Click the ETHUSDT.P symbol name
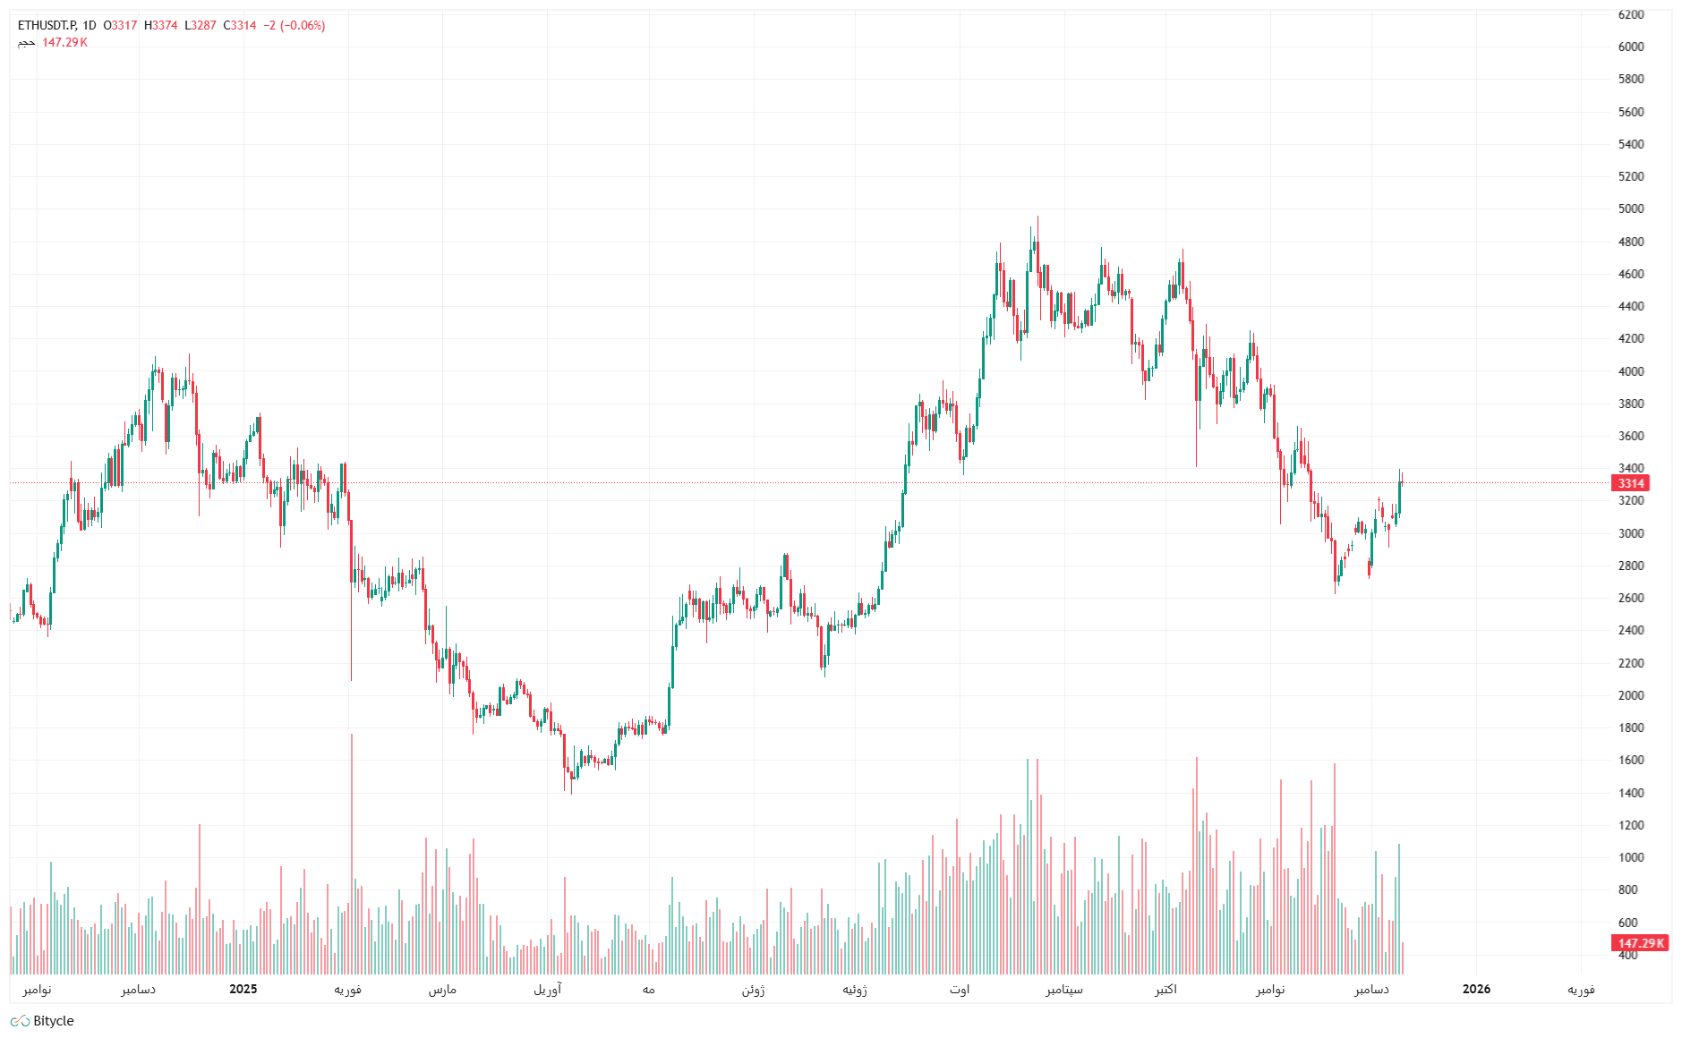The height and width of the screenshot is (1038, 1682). pos(47,25)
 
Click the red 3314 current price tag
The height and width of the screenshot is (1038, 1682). pos(1630,483)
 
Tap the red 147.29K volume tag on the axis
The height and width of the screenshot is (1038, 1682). pos(1640,943)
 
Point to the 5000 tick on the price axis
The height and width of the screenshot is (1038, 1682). pos(1630,209)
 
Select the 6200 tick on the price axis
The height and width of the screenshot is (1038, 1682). pos(1630,14)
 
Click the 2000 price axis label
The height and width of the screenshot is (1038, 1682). pos(1630,695)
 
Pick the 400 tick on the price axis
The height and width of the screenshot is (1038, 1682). pos(1627,955)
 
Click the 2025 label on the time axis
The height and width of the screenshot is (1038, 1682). pos(243,989)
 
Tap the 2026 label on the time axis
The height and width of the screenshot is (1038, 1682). pos(1476,989)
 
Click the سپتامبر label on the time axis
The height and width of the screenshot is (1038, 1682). pos(1064,989)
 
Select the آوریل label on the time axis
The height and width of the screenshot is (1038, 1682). pos(548,989)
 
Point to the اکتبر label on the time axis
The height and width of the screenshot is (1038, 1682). pos(1165,989)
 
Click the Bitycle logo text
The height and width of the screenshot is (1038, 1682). pos(53,1021)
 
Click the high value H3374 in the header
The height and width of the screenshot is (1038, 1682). pos(161,25)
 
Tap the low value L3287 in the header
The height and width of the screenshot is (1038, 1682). pos(201,25)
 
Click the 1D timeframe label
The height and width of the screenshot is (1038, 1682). pos(89,25)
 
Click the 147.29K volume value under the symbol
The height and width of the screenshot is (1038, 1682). pos(64,42)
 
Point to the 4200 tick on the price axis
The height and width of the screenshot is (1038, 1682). pos(1630,339)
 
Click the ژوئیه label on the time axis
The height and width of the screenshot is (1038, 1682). pos(855,989)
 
